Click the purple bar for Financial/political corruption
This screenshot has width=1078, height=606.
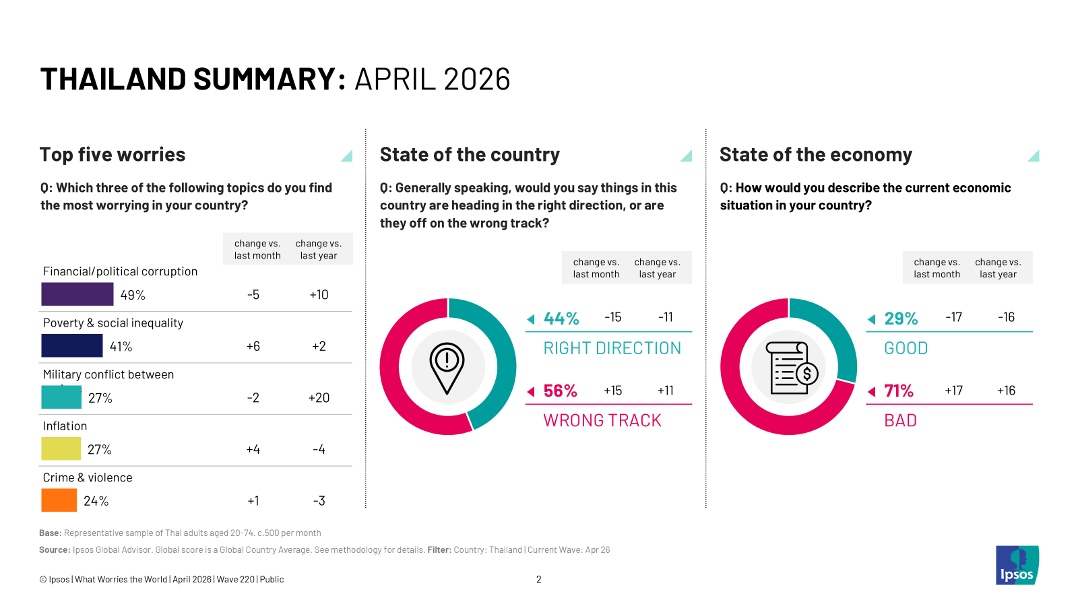[x=77, y=294]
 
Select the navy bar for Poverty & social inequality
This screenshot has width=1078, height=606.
[x=72, y=345]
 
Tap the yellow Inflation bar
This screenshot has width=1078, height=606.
[x=61, y=448]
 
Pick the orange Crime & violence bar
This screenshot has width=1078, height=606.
[x=59, y=500]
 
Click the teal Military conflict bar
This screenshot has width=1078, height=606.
[x=61, y=397]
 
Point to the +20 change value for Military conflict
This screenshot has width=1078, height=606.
[x=319, y=398]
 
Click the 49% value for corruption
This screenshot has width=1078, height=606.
[x=133, y=295]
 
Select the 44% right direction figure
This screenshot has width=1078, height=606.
[x=561, y=318]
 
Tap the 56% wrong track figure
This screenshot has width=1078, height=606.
[x=560, y=391]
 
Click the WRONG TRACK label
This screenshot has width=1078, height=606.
[x=602, y=421]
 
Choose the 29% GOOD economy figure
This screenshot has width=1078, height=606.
[x=901, y=318]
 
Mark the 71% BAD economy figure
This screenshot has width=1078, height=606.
[x=899, y=391]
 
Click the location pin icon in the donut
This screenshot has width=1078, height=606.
[x=447, y=368]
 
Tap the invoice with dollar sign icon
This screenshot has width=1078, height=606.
[x=793, y=368]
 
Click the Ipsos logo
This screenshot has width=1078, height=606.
[x=1017, y=565]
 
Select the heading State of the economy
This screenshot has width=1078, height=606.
[x=815, y=155]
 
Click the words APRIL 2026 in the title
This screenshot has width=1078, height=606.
[x=432, y=79]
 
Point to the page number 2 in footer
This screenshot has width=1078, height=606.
[x=539, y=579]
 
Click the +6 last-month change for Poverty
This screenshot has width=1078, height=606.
[x=253, y=346]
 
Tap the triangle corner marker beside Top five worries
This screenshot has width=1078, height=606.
[x=348, y=156]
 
